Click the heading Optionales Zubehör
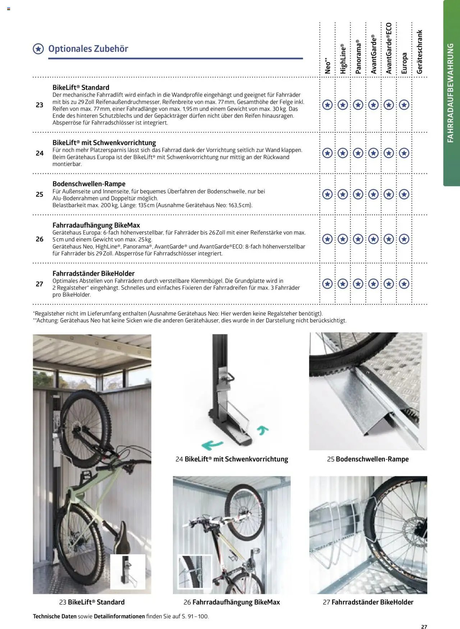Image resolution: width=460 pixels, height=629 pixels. [x=88, y=49]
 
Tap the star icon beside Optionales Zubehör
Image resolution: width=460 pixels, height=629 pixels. [x=38, y=49]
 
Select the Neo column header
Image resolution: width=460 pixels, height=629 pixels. [x=327, y=66]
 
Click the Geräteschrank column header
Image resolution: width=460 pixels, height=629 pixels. [x=419, y=52]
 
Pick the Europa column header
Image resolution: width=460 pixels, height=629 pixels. [x=404, y=63]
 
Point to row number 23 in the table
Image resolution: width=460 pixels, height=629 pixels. [x=40, y=105]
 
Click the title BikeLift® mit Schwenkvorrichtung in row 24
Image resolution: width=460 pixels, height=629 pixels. [x=104, y=143]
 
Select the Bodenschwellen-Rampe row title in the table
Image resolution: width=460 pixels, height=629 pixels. [x=89, y=184]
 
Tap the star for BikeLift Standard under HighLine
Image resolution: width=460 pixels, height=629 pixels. [x=343, y=105]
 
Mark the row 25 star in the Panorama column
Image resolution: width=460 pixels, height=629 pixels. [x=358, y=194]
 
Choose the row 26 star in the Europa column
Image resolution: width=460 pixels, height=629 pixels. [x=404, y=239]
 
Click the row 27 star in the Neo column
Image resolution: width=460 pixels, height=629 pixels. [x=327, y=284]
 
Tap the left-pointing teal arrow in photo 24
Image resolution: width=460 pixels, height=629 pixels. [x=212, y=445]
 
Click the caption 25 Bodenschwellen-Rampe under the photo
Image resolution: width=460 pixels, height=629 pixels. [x=368, y=459]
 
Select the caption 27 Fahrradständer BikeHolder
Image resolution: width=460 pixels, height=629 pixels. [x=368, y=602]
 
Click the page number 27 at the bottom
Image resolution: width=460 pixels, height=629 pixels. [x=424, y=626]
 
